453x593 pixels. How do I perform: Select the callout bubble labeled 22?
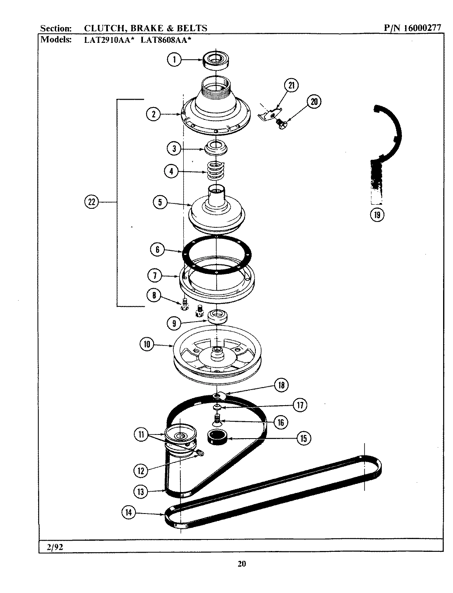(91, 202)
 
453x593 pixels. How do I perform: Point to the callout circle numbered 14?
(128, 513)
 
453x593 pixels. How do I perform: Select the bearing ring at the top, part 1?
(216, 59)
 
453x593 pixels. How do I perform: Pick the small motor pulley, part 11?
(180, 439)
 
